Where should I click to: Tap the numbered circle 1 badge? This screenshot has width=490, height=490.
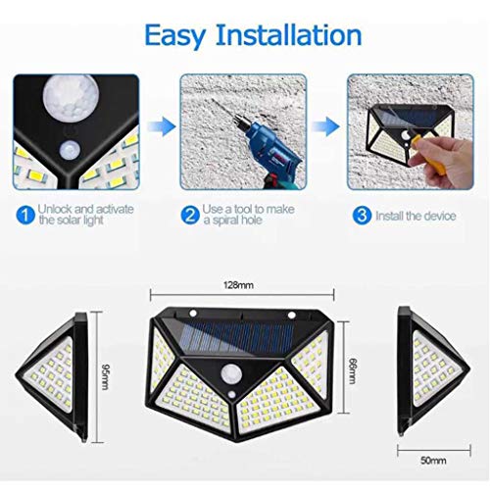click(24, 214)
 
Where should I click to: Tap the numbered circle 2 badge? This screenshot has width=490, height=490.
click(189, 214)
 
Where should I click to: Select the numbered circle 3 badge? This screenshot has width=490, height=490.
click(362, 214)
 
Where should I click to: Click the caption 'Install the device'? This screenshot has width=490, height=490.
click(415, 214)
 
